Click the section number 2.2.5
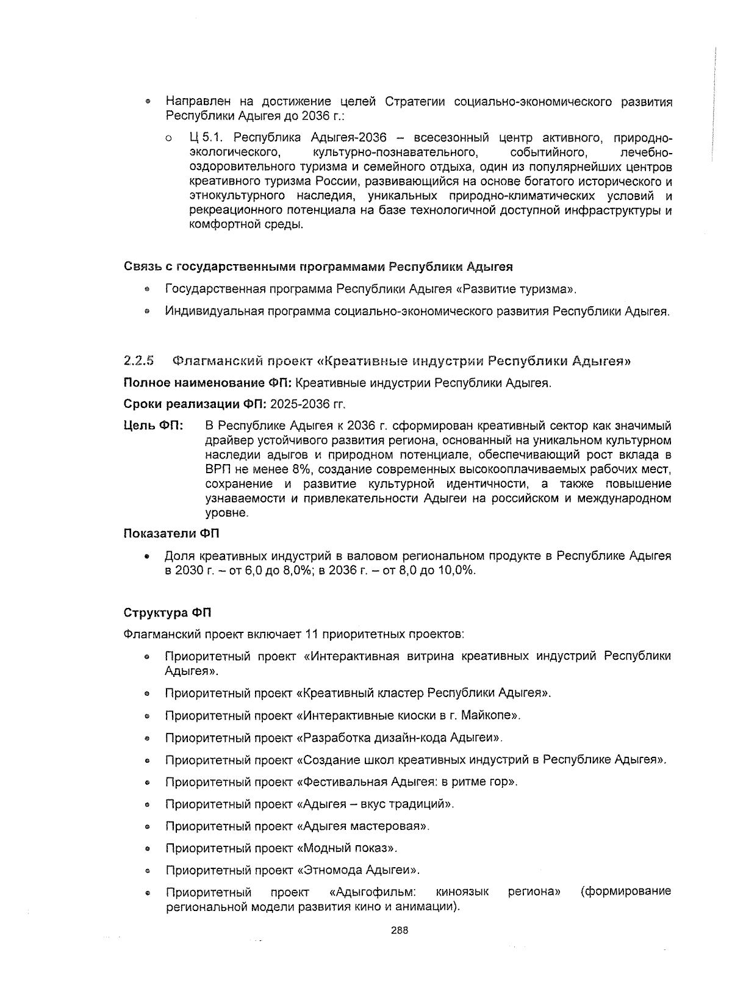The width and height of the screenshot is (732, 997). click(138, 360)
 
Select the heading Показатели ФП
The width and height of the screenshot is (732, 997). click(171, 534)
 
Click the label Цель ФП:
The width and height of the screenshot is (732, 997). click(153, 426)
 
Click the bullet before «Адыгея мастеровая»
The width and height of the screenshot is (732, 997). click(148, 827)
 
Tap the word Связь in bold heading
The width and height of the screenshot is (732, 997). click(141, 266)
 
